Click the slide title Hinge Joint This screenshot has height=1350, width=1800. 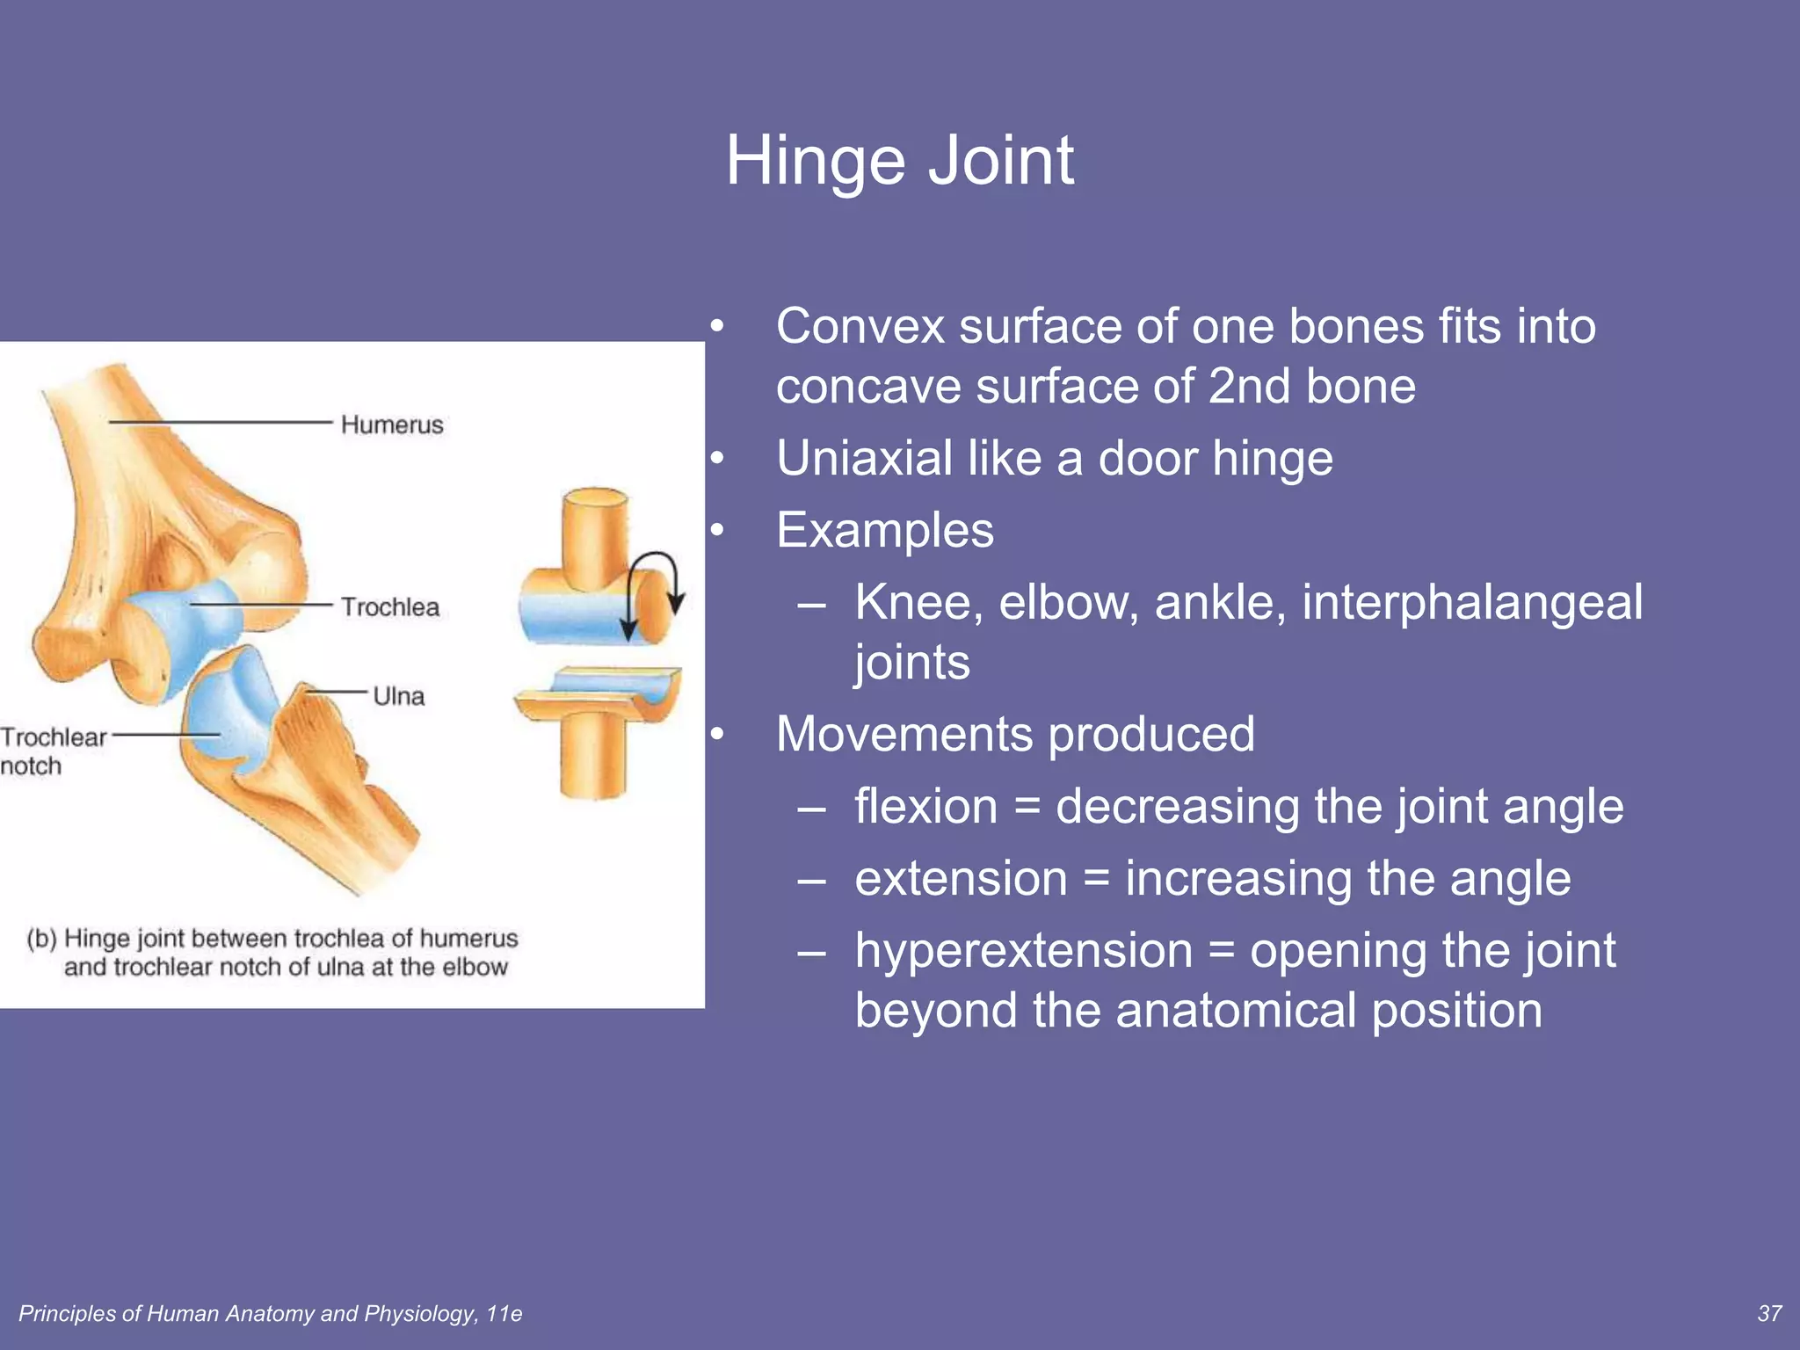pyautogui.click(x=899, y=161)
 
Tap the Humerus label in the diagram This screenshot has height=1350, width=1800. pyautogui.click(x=392, y=425)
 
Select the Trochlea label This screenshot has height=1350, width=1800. pyautogui.click(x=389, y=606)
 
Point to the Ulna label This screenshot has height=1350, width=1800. pyautogui.click(x=398, y=696)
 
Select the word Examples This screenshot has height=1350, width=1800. pyautogui.click(x=884, y=530)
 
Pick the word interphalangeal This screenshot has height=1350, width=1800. pyautogui.click(x=1472, y=603)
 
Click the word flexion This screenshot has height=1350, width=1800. pyautogui.click(x=925, y=806)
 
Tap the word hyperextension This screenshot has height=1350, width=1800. pyautogui.click(x=1024, y=950)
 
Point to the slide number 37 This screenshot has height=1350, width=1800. pyautogui.click(x=1768, y=1313)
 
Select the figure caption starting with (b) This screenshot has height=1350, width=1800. pyautogui.click(x=272, y=952)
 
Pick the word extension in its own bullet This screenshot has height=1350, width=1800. pyautogui.click(x=961, y=878)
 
